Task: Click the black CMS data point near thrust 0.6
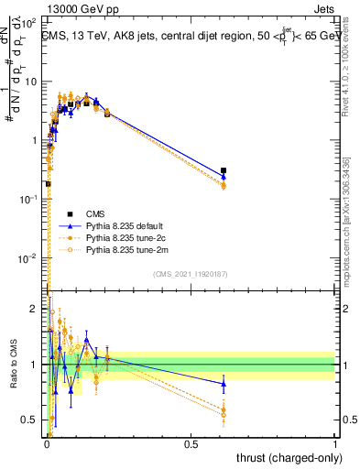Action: click(224, 170)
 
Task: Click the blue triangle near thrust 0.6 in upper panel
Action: click(224, 177)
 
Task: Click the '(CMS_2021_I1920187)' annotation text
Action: click(191, 274)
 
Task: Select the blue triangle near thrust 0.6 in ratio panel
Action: click(224, 384)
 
